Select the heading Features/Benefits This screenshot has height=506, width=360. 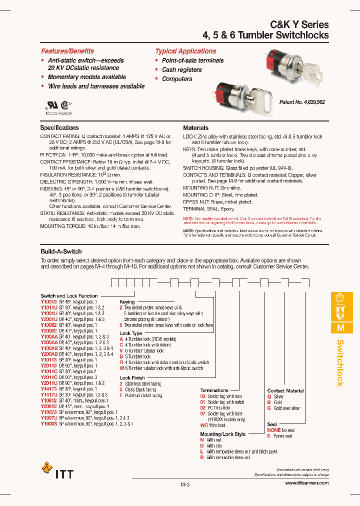(x=67, y=51)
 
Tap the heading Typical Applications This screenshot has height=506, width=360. (x=185, y=51)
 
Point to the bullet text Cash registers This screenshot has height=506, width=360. (x=181, y=69)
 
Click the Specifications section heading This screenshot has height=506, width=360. (x=59, y=128)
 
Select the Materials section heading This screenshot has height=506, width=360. (x=195, y=128)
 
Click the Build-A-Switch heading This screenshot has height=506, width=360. (x=61, y=251)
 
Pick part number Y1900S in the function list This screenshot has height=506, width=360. (x=48, y=423)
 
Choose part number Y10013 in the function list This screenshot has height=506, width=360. (x=48, y=301)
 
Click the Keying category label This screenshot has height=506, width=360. (x=127, y=302)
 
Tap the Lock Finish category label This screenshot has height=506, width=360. (x=132, y=378)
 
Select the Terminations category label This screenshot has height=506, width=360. (x=214, y=390)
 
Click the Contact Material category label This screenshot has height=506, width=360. (x=285, y=391)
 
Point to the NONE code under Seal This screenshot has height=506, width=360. (x=273, y=430)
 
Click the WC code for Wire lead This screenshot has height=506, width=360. (x=203, y=425)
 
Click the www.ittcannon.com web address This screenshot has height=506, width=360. (x=306, y=483)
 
